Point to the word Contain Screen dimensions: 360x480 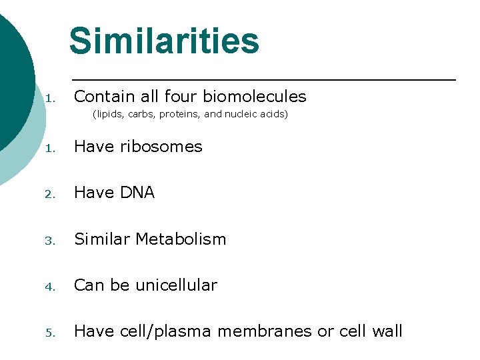(101, 97)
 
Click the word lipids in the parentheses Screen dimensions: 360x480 (107, 114)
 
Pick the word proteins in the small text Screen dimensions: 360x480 (180, 114)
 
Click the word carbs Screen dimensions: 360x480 (140, 114)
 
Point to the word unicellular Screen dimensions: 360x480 (176, 285)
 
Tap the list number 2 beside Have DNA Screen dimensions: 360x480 (50, 194)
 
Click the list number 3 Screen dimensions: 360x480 (50, 241)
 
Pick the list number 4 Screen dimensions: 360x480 (50, 287)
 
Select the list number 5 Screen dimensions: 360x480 (50, 333)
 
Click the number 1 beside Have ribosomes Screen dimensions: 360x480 (50, 148)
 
